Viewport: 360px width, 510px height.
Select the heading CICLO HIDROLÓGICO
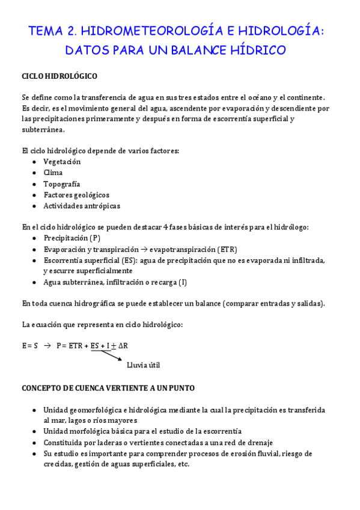click(x=59, y=76)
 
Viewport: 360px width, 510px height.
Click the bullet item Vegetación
click(x=62, y=162)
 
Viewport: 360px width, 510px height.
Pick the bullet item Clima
click(x=53, y=173)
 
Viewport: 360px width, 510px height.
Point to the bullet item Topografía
click(x=61, y=184)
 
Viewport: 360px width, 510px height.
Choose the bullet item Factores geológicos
click(x=76, y=195)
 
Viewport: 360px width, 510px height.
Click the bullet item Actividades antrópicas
click(x=82, y=206)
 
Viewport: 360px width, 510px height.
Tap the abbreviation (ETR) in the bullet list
click(x=227, y=249)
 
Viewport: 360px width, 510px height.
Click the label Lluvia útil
click(x=143, y=364)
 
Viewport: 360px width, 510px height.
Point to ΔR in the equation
click(x=123, y=345)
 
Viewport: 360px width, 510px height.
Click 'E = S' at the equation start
click(x=30, y=345)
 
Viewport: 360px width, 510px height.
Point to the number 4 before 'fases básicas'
click(x=165, y=227)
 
